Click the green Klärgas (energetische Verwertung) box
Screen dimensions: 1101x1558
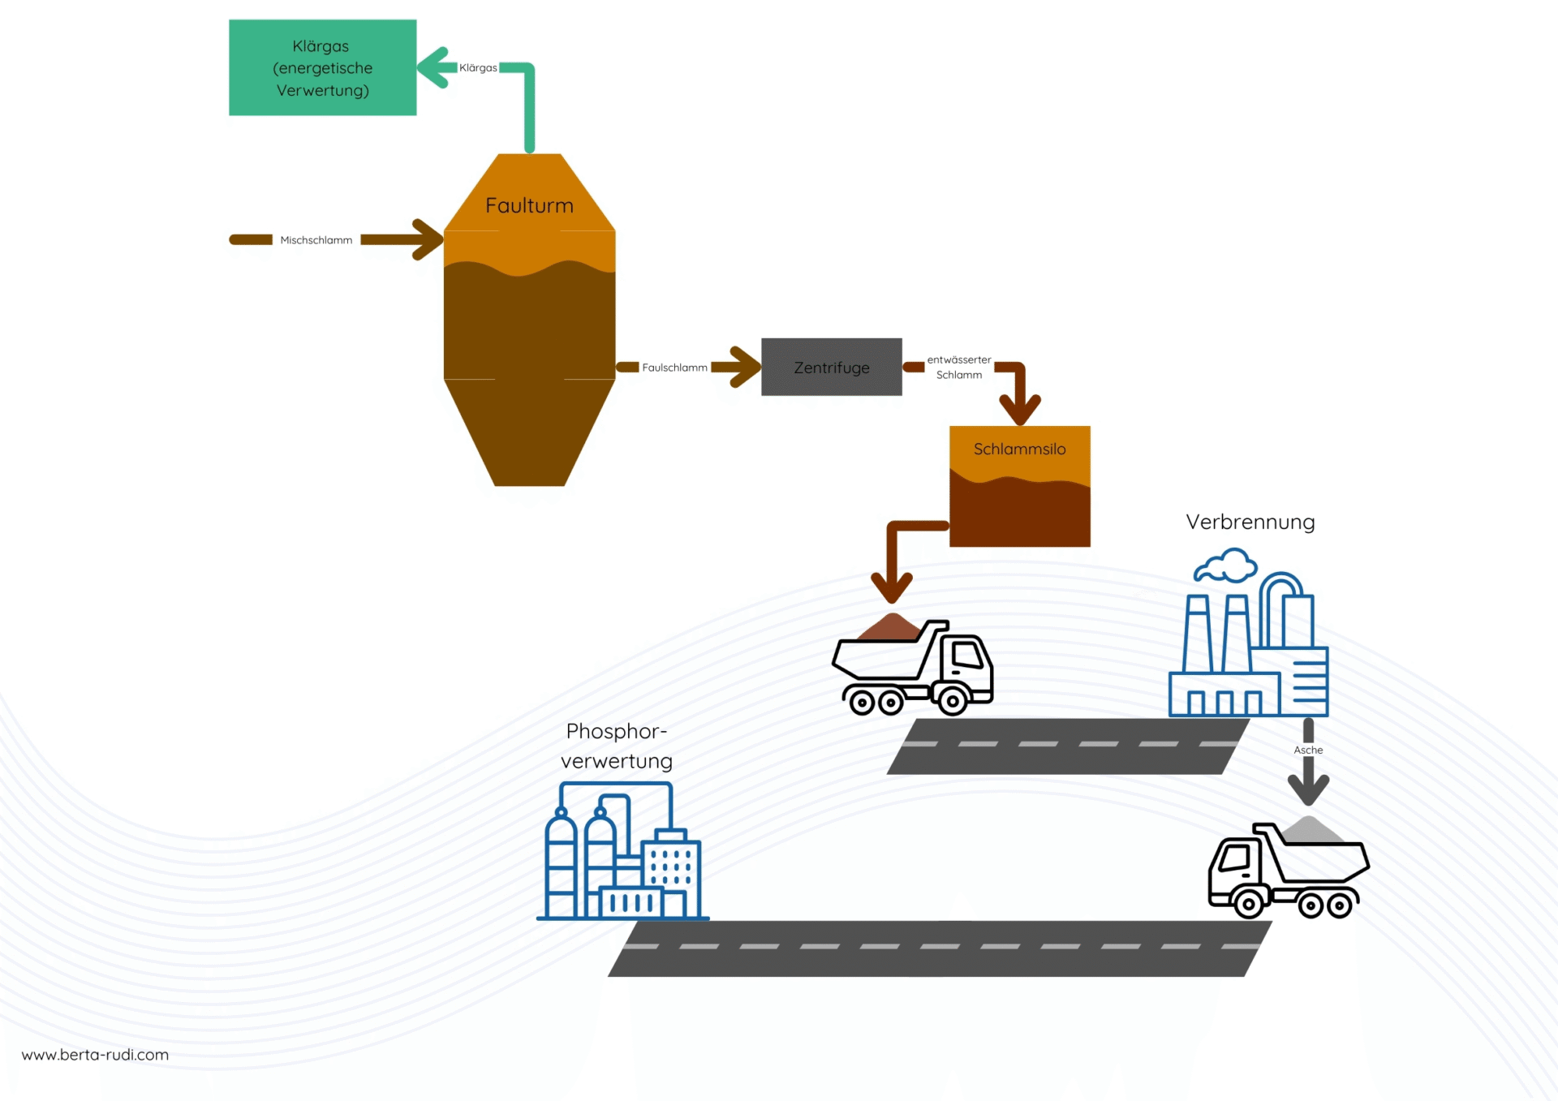[x=322, y=68]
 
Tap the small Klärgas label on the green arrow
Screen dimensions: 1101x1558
[x=478, y=68]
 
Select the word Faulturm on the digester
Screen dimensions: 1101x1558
[x=529, y=205]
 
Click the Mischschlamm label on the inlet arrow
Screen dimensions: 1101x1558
[x=316, y=240]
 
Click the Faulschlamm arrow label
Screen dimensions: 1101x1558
[x=674, y=368]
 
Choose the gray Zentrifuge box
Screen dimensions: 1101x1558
[x=831, y=368]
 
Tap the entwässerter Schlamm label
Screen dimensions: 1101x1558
[x=958, y=368]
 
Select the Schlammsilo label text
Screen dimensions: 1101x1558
[x=1019, y=449]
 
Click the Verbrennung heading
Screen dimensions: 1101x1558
[x=1250, y=523]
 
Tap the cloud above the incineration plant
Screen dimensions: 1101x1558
[x=1226, y=566]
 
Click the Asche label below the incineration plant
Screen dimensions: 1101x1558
[x=1308, y=750]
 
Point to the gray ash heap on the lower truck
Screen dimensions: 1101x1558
[x=1308, y=830]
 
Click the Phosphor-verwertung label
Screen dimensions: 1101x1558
[x=617, y=746]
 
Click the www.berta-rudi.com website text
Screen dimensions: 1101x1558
[x=95, y=1055]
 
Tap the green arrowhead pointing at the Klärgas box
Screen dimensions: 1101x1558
[x=434, y=67]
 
